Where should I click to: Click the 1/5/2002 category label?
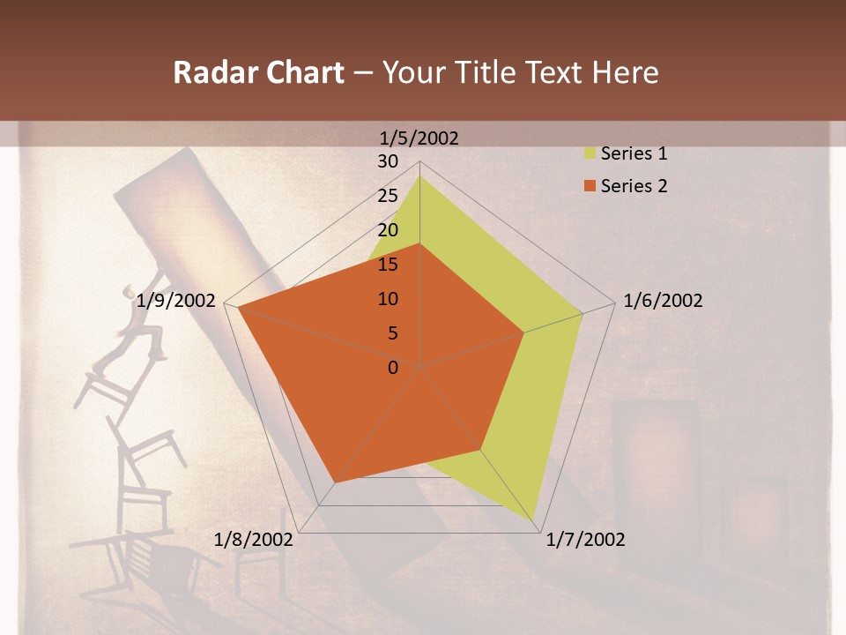point(419,138)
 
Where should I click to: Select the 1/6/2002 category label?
point(663,301)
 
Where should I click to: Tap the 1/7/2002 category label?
point(585,540)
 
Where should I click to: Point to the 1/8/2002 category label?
point(254,540)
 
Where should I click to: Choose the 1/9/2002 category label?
point(176,301)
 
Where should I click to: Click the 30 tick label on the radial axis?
point(388,161)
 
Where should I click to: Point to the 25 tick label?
point(388,196)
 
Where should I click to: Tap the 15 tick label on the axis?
point(388,265)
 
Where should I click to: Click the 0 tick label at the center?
point(393,368)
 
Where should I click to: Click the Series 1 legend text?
point(634,153)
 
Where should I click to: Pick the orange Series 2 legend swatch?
point(590,186)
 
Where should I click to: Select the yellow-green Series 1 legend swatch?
point(590,153)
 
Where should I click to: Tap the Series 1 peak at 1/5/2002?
point(419,176)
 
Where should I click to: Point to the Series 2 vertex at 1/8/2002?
point(335,482)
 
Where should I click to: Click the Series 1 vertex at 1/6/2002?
point(583,313)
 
